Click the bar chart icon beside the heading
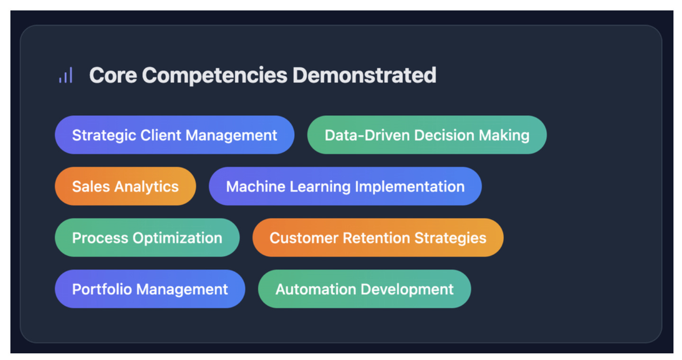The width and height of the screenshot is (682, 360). click(x=66, y=75)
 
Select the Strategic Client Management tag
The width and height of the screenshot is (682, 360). click(x=174, y=135)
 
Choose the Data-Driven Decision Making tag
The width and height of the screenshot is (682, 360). click(x=427, y=135)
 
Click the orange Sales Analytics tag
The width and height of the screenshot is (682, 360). click(x=125, y=186)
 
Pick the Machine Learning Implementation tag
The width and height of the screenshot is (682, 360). click(x=345, y=186)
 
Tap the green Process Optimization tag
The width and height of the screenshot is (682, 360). click(x=147, y=238)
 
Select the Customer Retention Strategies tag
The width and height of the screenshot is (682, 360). click(x=377, y=238)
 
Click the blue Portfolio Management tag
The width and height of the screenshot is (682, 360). click(x=150, y=289)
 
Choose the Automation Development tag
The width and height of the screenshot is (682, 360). click(x=364, y=289)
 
